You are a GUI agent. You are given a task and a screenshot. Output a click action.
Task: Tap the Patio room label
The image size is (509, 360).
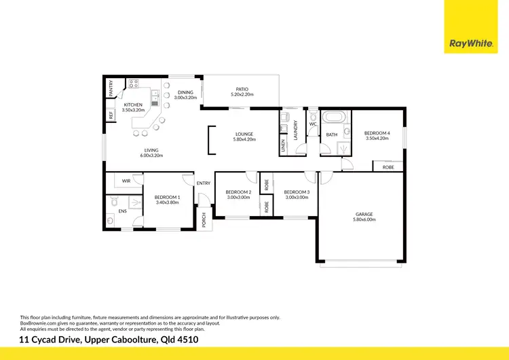tap(242, 89)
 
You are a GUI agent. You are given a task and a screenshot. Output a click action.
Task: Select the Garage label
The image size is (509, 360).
tap(363, 215)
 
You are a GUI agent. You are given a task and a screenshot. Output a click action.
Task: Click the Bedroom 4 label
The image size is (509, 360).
tap(377, 133)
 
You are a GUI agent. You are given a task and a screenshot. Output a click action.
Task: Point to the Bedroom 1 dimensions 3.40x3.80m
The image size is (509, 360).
tap(167, 202)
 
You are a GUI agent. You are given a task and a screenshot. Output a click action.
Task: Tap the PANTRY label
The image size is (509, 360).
tap(111, 88)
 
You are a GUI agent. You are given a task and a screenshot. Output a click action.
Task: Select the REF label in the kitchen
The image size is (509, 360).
tap(111, 115)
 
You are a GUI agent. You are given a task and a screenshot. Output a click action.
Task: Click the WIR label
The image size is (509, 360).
tap(126, 181)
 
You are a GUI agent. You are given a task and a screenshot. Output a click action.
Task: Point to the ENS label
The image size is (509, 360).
tap(123, 212)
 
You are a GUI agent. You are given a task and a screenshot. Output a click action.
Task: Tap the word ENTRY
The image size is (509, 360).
tap(204, 183)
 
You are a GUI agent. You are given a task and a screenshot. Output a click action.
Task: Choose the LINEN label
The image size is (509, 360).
tap(283, 145)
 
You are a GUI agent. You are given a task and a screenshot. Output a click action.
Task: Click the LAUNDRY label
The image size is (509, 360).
tap(296, 130)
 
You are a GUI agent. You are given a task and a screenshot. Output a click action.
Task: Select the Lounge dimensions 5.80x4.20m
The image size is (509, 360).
tap(244, 139)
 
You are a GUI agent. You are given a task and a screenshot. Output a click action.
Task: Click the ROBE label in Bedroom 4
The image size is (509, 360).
tap(388, 166)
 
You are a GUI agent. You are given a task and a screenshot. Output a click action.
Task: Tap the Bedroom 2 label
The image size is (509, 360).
tap(238, 192)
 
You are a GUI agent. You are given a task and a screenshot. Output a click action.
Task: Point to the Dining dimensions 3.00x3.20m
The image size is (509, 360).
tap(185, 98)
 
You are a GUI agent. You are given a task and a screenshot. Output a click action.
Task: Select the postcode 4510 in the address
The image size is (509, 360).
tap(186, 339)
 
